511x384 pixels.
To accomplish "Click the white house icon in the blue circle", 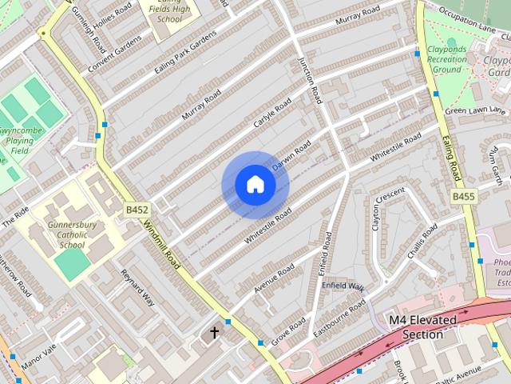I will (255, 184).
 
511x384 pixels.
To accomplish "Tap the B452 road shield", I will (137, 210).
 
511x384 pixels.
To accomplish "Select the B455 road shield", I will (463, 196).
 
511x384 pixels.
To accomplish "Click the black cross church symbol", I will (214, 331).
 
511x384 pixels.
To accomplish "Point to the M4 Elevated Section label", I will (423, 327).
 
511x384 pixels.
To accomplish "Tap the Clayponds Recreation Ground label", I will (447, 59).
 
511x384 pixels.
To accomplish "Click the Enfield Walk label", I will (343, 286).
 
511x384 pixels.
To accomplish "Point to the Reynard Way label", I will (137, 288).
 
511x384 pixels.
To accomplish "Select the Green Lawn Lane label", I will (476, 110).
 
